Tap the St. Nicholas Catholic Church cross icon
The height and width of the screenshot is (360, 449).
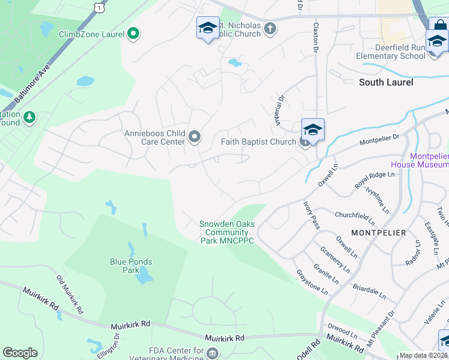[x=270, y=28]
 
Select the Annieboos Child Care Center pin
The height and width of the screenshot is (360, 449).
[x=194, y=137]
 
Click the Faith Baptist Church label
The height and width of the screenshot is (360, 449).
[x=259, y=142]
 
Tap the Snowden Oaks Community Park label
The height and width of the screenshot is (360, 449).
[x=228, y=233]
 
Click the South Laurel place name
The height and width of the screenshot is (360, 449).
[x=386, y=82]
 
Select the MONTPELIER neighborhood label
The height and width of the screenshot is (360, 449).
[x=378, y=232]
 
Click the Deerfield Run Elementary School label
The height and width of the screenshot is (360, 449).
[x=391, y=52]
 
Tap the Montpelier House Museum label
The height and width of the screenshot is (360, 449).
[x=420, y=160]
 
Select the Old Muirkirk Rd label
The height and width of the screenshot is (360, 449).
[x=69, y=294]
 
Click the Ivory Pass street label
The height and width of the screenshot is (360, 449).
[x=311, y=214]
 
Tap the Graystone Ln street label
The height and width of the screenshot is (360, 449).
[x=312, y=281]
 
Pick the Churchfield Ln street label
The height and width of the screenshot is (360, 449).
[x=355, y=218]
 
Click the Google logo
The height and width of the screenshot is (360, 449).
[x=20, y=353]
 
